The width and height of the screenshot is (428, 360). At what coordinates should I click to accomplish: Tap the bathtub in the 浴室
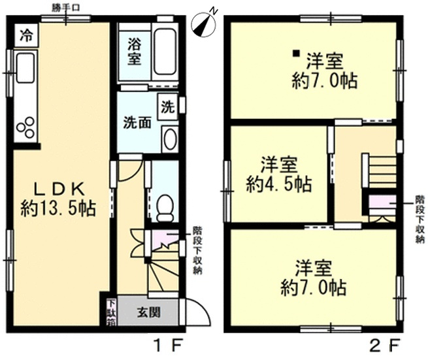[165, 52]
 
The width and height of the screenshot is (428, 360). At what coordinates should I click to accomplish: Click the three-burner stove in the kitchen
[25, 127]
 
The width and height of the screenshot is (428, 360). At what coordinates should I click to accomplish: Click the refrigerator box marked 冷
[27, 35]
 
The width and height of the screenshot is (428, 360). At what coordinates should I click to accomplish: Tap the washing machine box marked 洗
[167, 106]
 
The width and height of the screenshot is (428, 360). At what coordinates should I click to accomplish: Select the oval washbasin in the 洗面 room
[170, 139]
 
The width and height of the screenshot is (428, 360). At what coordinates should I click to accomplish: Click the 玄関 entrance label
[148, 312]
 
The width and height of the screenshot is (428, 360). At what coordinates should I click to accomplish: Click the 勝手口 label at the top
[66, 8]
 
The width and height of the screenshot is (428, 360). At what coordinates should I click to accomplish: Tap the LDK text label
[59, 189]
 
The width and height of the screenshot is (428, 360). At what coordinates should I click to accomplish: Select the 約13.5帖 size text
[58, 208]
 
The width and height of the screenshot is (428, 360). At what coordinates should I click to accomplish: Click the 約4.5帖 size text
[279, 184]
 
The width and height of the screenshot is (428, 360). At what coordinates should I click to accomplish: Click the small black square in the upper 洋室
[296, 53]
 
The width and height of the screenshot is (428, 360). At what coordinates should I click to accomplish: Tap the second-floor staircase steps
[381, 171]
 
